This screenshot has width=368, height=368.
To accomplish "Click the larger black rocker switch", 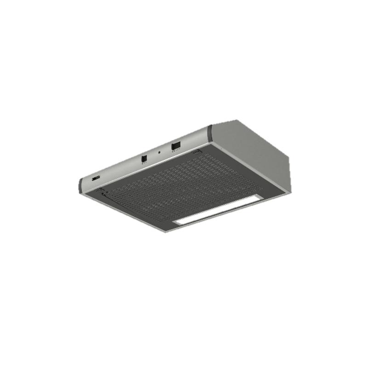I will [x=176, y=146].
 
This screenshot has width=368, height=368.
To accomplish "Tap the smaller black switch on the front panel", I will [x=144, y=159].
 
